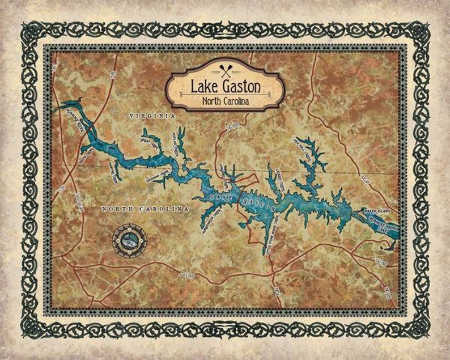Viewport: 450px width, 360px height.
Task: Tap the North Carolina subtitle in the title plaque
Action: [225, 102]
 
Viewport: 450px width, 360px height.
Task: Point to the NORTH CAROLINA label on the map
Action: [145, 209]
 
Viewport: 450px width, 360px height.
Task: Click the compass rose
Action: [129, 241]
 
